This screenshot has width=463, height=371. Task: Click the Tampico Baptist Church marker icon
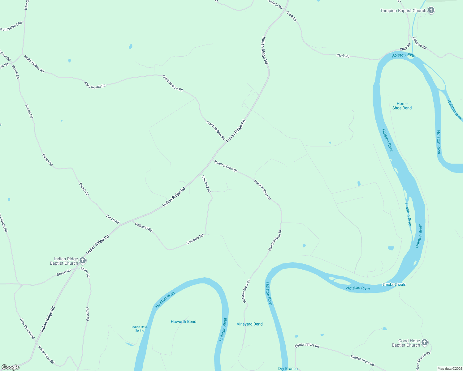pos(431,10)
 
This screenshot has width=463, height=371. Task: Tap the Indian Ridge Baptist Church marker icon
pos(83,261)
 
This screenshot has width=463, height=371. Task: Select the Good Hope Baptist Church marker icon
pos(425,342)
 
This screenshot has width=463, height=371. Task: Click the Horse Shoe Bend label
pos(402,106)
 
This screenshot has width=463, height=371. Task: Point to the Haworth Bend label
pos(184,322)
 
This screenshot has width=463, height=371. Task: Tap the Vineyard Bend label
pos(249,324)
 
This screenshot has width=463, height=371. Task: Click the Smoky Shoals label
pos(394,284)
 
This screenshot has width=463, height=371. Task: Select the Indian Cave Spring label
pos(140,329)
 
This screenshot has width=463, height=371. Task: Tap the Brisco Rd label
pos(64,273)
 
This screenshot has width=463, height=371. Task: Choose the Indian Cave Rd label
pos(46,355)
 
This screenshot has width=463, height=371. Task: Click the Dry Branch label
pos(288,369)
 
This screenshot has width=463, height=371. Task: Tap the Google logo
pos(10,367)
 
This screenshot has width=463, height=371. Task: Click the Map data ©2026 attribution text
pos(449,369)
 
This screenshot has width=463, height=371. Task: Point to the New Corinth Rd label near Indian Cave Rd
pos(27,329)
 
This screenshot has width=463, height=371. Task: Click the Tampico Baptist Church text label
pos(403,11)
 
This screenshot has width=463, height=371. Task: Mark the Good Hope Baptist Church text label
pos(406,343)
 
